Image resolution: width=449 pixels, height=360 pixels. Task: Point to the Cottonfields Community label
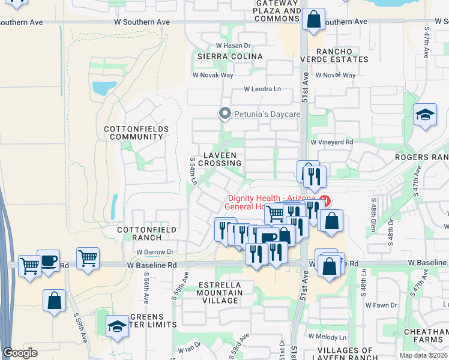point(133,133)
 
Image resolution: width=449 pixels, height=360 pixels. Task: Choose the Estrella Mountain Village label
point(219,289)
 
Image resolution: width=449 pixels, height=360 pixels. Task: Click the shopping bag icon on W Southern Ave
point(313,20)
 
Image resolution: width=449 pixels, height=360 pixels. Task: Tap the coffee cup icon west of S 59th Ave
point(48,262)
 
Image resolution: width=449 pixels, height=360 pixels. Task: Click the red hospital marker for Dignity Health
point(325,200)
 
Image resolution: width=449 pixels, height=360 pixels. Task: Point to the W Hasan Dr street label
point(233,46)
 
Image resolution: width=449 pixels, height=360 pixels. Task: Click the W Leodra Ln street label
point(262,89)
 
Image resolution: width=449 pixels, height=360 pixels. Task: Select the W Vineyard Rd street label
point(332,142)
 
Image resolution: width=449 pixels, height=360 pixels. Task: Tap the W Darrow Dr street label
point(154,252)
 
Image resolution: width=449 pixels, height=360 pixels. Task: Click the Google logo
point(20,353)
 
